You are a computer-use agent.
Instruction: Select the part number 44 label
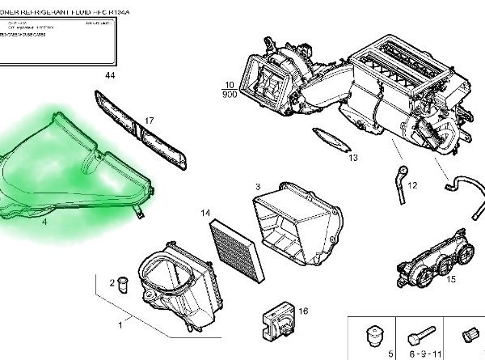(x=111, y=75)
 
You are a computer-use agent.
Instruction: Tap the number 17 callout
(x=149, y=121)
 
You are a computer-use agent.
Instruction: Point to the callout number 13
(x=352, y=158)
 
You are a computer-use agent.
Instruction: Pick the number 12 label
(x=412, y=185)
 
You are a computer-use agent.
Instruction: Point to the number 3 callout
(x=256, y=187)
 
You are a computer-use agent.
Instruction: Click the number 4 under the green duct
(x=45, y=221)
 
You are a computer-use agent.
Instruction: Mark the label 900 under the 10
(x=228, y=93)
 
